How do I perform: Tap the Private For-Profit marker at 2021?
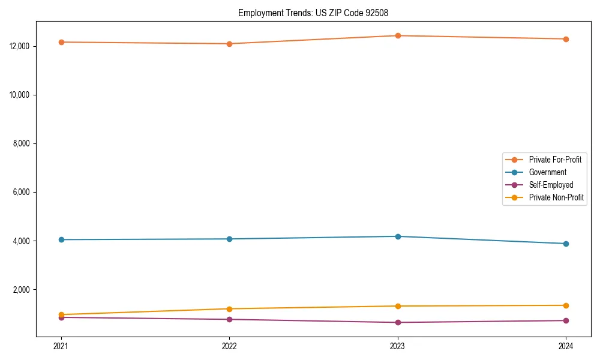pyautogui.click(x=61, y=42)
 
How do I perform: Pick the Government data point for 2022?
pyautogui.click(x=229, y=239)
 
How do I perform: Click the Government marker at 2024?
pyautogui.click(x=566, y=244)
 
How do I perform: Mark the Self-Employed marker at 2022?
pyautogui.click(x=229, y=319)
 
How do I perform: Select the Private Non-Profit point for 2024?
pyautogui.click(x=566, y=305)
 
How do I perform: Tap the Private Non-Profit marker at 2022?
pyautogui.click(x=229, y=308)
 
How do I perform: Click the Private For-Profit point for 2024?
pyautogui.click(x=566, y=39)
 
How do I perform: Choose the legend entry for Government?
pyautogui.click(x=547, y=172)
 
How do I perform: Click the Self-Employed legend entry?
pyautogui.click(x=551, y=185)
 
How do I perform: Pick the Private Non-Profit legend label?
pyautogui.click(x=556, y=197)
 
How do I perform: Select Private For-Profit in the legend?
pyautogui.click(x=555, y=160)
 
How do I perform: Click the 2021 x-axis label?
pyautogui.click(x=61, y=346)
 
